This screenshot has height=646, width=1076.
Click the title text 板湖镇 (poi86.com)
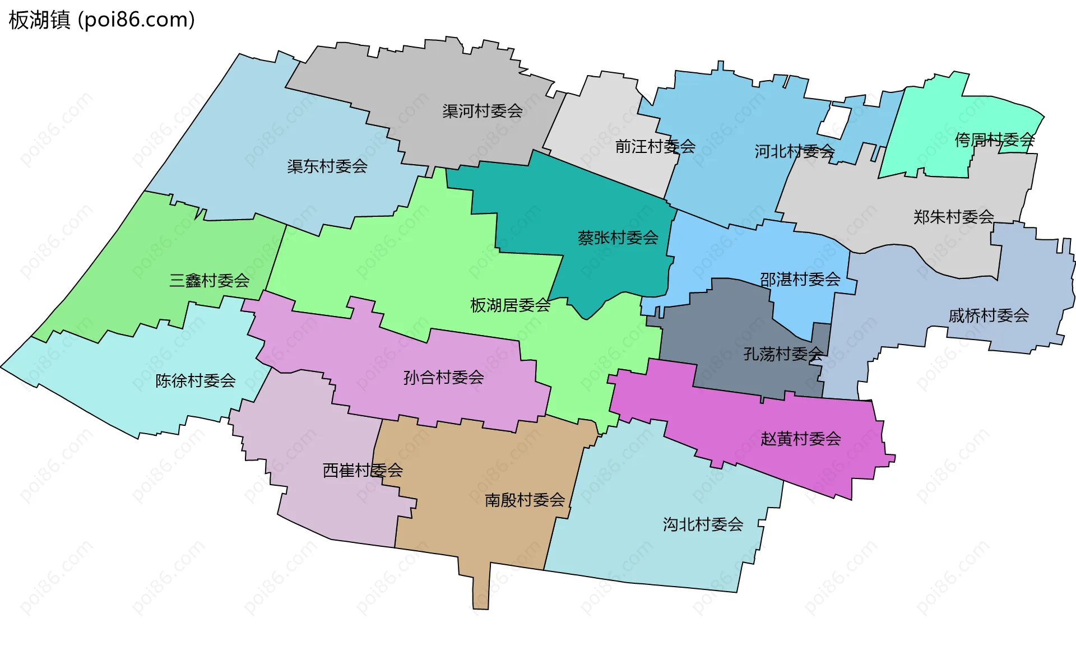coord(101,20)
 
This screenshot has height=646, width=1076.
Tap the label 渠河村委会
coord(482,111)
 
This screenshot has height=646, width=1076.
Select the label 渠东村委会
coord(327,166)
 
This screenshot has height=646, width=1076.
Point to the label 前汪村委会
coord(655,147)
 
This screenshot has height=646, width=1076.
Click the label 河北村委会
coord(794,151)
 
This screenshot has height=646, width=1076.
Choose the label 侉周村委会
coord(994,140)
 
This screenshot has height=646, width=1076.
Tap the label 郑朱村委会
coord(953,217)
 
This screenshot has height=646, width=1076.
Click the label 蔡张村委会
coord(618,238)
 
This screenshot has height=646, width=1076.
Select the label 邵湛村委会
coord(800,279)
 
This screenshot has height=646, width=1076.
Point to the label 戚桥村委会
coord(989,316)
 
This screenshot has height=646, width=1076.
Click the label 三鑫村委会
coord(209,281)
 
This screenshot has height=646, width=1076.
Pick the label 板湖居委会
coord(510,305)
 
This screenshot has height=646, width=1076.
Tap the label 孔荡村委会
coord(783,354)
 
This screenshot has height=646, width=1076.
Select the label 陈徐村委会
coord(195,381)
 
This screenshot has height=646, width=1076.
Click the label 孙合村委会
coord(443,378)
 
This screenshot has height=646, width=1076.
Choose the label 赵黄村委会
coord(800,439)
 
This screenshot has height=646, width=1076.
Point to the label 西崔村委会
coord(363,471)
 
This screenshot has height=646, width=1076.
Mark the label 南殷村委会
coord(525,500)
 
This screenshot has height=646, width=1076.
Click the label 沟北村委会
coord(703,524)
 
